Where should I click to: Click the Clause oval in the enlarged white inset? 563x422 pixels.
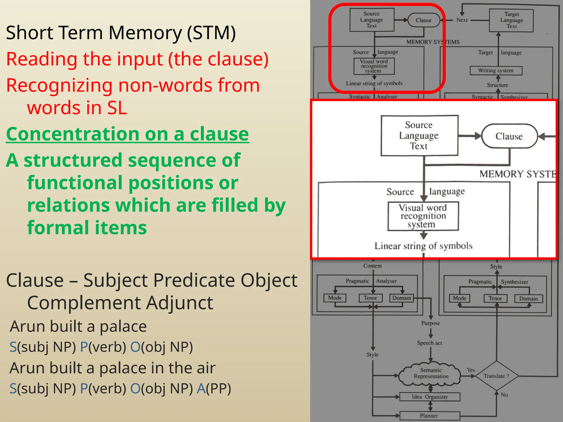tap(509, 136)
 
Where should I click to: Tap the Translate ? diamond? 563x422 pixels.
tap(496, 376)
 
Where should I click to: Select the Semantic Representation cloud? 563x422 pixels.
tap(431, 373)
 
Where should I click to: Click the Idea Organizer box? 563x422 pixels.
tap(430, 397)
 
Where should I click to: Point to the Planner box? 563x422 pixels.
tap(429, 416)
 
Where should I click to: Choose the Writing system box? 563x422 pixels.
tap(496, 71)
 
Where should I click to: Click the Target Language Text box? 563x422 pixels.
tap(511, 20)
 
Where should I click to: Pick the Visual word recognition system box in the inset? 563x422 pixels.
tap(423, 216)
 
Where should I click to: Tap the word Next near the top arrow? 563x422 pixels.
tap(462, 20)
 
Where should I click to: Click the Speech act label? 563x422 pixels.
tap(429, 343)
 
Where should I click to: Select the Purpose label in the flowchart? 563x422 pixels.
tap(430, 323)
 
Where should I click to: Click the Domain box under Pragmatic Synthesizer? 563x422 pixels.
tap(528, 299)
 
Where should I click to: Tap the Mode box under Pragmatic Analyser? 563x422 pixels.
tap(335, 298)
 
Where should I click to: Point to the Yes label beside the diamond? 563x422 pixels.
tap(471, 370)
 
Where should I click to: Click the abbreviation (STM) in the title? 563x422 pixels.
tap(211, 33)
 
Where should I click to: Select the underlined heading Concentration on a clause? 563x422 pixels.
tap(127, 134)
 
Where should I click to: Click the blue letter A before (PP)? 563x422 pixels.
tap(201, 388)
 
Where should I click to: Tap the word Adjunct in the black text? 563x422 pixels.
tap(180, 303)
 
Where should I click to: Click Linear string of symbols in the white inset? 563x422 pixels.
tap(423, 246)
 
